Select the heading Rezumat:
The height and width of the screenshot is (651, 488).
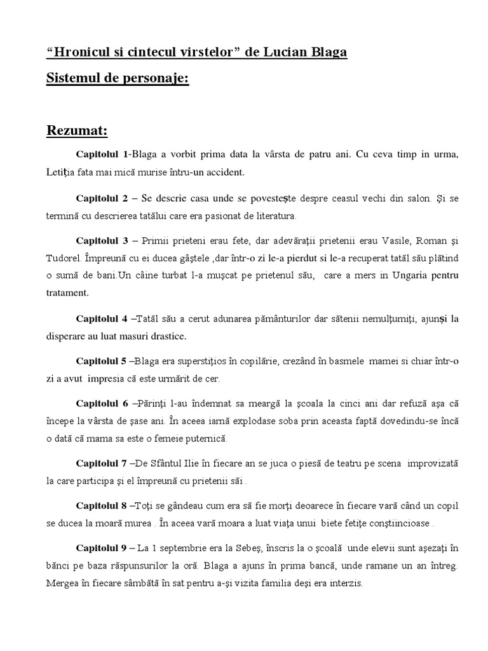[78, 131]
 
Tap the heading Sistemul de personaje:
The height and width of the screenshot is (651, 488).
[118, 81]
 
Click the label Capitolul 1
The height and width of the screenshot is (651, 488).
[102, 154]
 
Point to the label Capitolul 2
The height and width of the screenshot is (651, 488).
[102, 199]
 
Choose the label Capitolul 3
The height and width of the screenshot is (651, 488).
[102, 242]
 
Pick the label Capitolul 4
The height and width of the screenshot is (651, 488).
[102, 318]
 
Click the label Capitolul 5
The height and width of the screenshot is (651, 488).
[102, 361]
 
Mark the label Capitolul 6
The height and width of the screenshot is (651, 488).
[102, 404]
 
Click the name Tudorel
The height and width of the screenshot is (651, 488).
[65, 259]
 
